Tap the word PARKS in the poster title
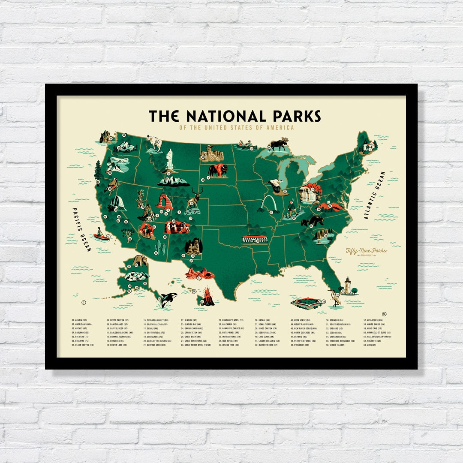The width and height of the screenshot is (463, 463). (296, 116)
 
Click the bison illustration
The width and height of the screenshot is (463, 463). (219, 170)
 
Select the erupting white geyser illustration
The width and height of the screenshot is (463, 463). (170, 160)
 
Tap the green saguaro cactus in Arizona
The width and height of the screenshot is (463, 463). (160, 247)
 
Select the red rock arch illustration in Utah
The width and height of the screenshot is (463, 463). (164, 201)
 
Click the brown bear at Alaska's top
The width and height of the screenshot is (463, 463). (140, 260)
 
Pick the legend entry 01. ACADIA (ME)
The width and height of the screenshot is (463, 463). (79, 320)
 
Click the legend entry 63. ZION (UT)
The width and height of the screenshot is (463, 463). (371, 345)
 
